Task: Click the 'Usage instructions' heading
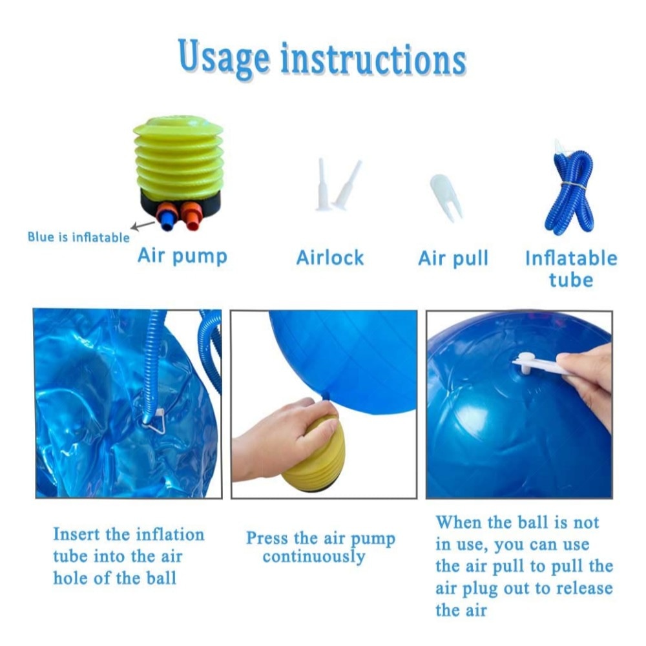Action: (x=322, y=59)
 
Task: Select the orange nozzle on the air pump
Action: (x=191, y=215)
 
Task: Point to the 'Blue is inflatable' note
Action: (x=78, y=237)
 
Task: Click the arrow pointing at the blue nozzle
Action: (x=143, y=225)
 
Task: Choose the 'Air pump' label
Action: (x=182, y=256)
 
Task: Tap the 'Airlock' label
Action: (x=330, y=258)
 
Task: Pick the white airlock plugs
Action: (x=338, y=185)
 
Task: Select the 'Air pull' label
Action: (x=453, y=258)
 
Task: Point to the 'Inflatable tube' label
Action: (x=571, y=269)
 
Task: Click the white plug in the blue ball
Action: (x=525, y=362)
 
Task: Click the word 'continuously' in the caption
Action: (x=314, y=557)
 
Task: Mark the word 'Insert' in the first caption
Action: (x=77, y=534)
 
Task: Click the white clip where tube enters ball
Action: (x=155, y=421)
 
